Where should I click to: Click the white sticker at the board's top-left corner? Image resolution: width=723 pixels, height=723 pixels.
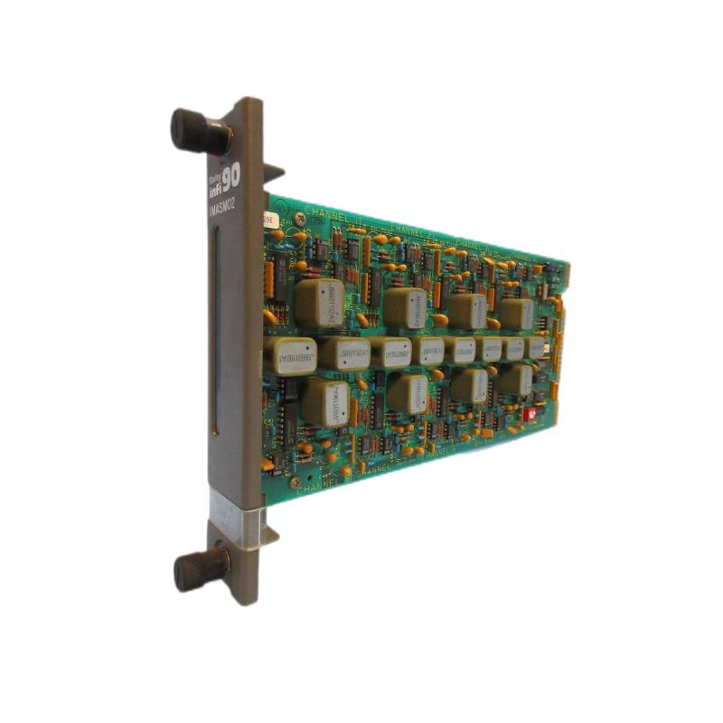tap(268, 218)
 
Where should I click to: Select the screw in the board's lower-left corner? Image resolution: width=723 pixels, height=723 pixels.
tap(295, 482)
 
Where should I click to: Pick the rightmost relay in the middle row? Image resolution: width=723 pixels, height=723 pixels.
tap(539, 348)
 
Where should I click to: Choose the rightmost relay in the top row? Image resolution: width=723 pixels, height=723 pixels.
tap(516, 314)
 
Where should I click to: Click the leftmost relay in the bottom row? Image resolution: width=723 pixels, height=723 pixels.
tap(326, 399)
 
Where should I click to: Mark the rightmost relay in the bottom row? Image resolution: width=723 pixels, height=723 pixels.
tap(515, 380)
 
